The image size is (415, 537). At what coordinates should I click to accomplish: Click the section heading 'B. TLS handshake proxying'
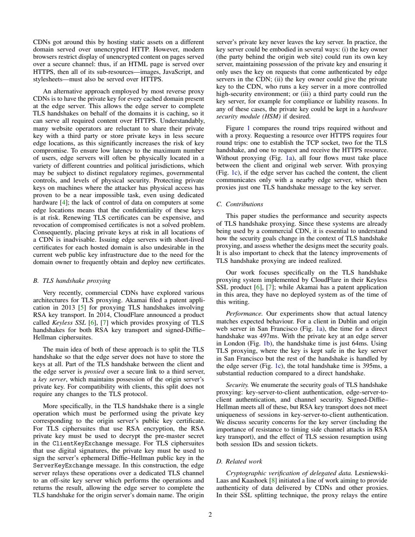(71, 281)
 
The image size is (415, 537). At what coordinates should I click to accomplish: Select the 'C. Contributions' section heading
(239, 204)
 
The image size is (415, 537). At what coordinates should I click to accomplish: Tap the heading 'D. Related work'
(239, 461)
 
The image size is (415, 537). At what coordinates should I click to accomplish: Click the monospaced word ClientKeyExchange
(83, 444)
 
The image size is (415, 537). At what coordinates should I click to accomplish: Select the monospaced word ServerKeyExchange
(63, 466)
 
